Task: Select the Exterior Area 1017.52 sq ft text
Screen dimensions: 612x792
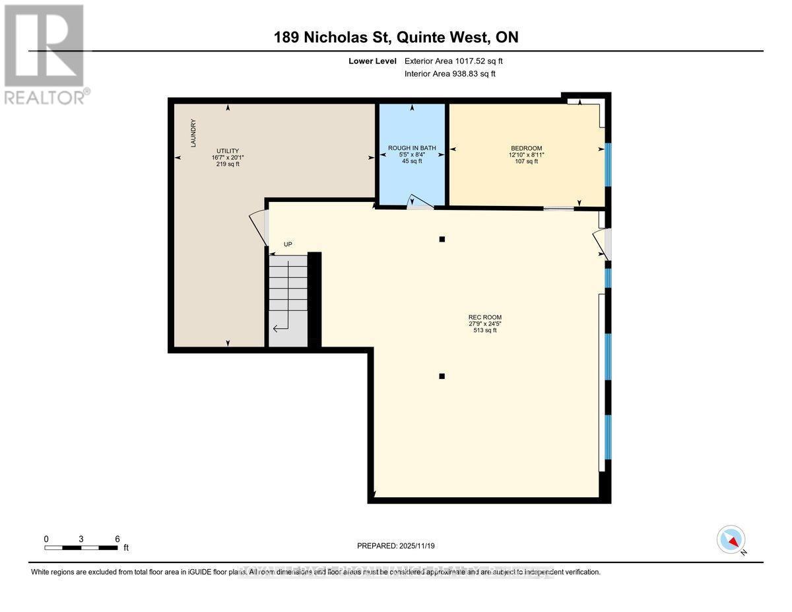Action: point(458,61)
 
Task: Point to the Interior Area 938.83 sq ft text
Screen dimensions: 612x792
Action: point(449,74)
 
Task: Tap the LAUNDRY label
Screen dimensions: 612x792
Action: point(193,133)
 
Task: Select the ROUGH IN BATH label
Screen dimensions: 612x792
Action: point(412,148)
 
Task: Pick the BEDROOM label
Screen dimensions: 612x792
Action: point(526,148)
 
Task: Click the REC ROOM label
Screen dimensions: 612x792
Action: point(485,317)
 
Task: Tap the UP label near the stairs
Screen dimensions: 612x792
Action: point(288,244)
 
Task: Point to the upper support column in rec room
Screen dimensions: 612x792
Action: point(442,239)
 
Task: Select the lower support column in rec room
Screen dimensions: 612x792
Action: point(442,376)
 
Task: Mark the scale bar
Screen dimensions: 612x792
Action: point(82,547)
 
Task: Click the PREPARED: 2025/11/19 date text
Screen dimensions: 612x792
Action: point(396,546)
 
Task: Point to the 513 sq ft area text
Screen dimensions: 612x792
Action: point(485,330)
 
